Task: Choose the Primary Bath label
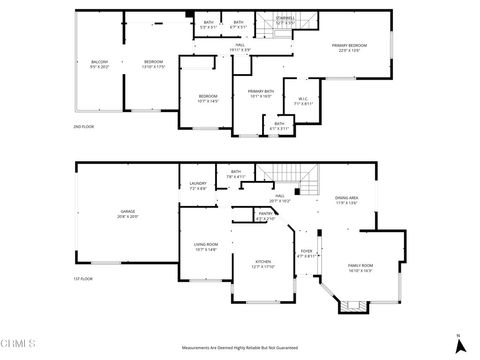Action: [x=260, y=94]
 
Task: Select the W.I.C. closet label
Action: [x=303, y=100]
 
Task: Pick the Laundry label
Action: [x=198, y=186]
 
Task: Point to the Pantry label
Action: [x=265, y=215]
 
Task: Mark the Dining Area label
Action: [x=347, y=200]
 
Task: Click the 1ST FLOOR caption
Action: [x=85, y=279]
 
